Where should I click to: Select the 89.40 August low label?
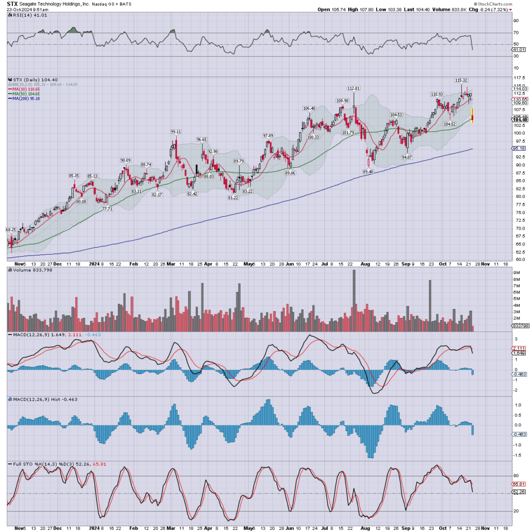pos(368,171)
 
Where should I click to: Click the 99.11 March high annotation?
pos(176,131)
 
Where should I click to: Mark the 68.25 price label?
pos(11,229)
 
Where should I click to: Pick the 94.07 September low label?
pos(406,157)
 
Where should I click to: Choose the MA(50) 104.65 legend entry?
pos(25,94)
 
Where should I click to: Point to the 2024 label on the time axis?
pos(95,263)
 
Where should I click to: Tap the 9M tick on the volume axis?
pos(517,272)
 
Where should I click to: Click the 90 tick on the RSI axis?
pos(516,21)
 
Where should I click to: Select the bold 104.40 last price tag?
pos(521,119)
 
